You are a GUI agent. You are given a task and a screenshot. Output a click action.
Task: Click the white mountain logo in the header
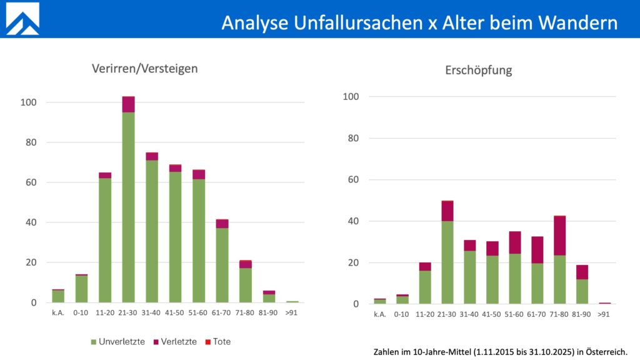click(x=22, y=19)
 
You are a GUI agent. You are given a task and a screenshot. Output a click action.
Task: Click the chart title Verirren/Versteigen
click(x=144, y=68)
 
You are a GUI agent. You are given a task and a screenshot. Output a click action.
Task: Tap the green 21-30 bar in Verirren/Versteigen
click(x=128, y=206)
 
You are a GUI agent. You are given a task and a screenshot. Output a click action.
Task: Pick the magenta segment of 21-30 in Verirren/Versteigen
click(x=128, y=104)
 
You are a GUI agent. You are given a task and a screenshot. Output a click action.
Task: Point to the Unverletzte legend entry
click(x=119, y=341)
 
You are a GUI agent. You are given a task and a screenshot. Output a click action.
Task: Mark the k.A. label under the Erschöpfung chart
click(x=380, y=314)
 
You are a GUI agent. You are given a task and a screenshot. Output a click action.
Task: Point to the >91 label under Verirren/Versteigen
click(x=292, y=312)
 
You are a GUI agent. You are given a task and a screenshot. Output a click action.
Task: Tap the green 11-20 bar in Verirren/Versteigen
click(x=105, y=241)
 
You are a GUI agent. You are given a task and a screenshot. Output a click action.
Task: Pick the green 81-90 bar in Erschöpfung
click(x=582, y=291)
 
